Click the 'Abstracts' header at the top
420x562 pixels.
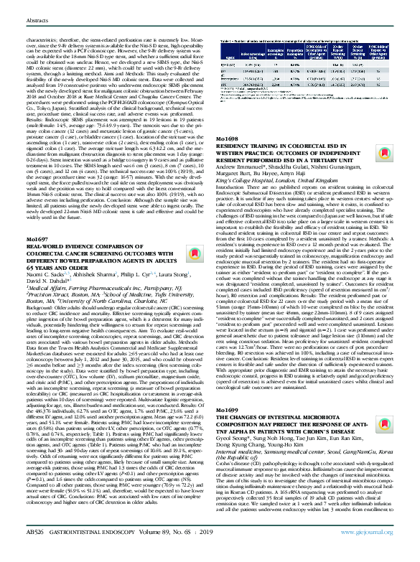24,9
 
